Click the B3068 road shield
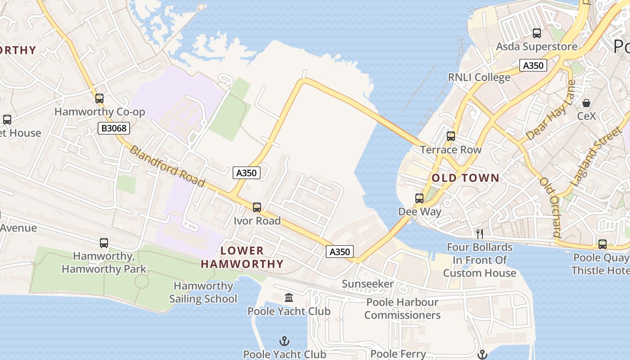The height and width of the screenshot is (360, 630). click(x=114, y=129)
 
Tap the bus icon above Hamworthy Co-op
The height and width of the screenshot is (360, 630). click(x=99, y=98)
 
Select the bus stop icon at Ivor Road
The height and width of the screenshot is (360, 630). click(x=257, y=207)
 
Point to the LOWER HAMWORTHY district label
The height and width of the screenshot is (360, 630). click(x=242, y=257)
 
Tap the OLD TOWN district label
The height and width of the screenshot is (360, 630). click(x=465, y=178)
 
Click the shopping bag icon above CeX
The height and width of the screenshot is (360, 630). click(x=586, y=103)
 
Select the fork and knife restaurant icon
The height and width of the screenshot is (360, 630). click(x=480, y=234)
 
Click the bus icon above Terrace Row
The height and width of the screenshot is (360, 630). click(x=451, y=136)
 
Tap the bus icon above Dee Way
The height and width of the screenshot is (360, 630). click(x=419, y=198)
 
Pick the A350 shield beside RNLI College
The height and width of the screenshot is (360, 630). click(x=533, y=65)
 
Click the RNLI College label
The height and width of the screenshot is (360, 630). click(x=479, y=77)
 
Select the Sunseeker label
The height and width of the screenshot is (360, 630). click(x=368, y=284)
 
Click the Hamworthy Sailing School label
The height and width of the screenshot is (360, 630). click(x=203, y=292)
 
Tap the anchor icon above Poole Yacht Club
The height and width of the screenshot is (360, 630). click(x=284, y=341)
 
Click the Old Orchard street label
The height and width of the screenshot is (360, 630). click(x=550, y=207)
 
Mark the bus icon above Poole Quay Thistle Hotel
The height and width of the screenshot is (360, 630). click(x=603, y=244)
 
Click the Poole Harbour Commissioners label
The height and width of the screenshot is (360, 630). click(x=402, y=309)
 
